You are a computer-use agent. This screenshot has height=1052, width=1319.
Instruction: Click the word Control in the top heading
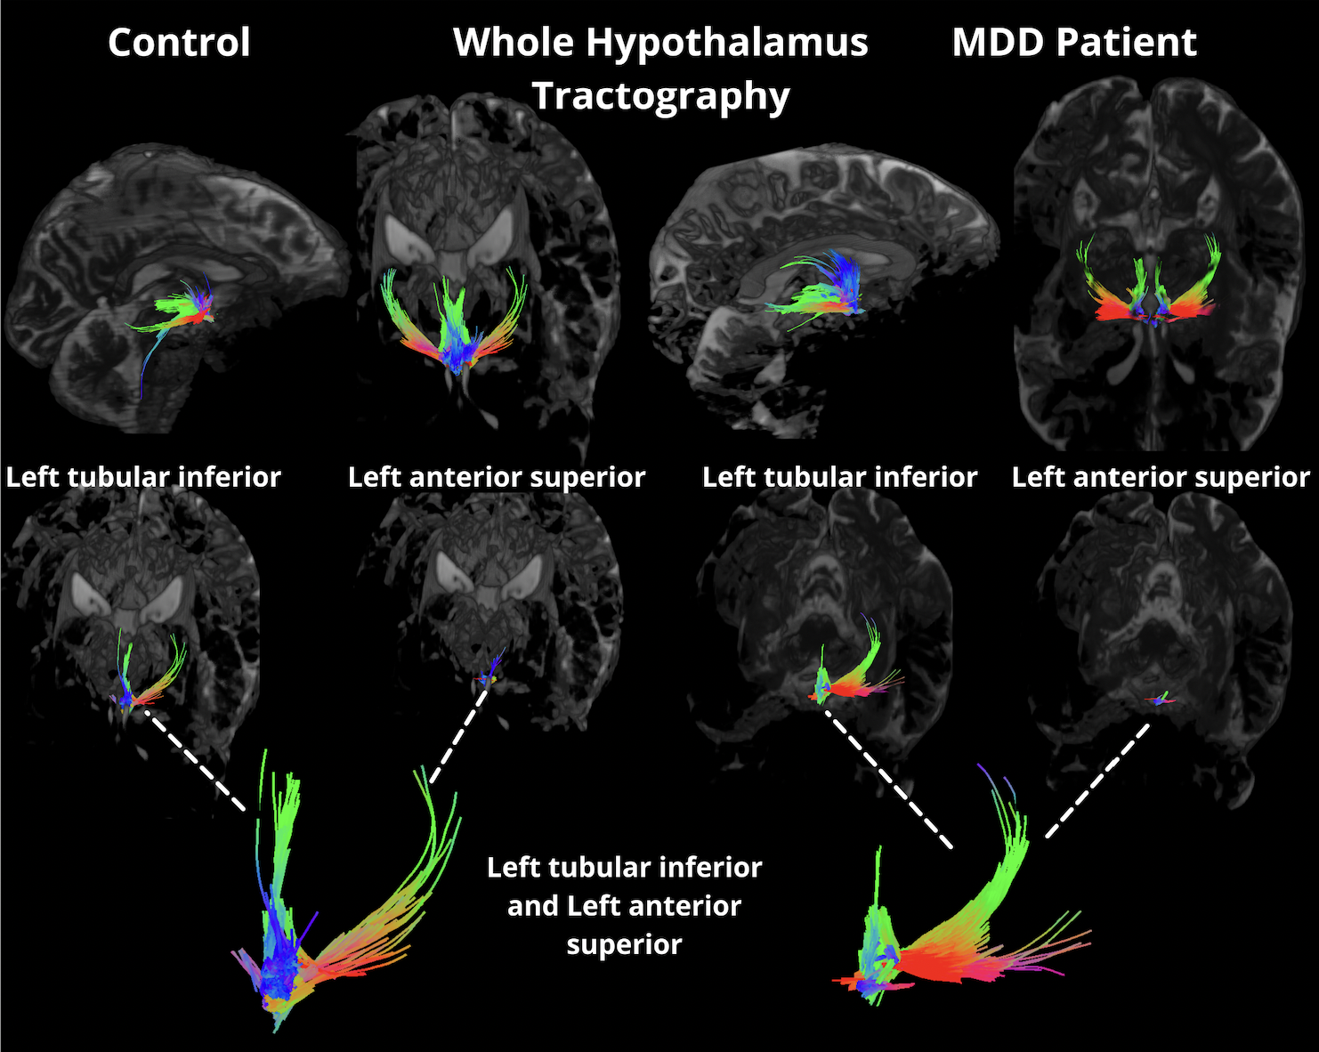click(179, 43)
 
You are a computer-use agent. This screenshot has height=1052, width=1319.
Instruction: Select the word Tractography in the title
click(660, 95)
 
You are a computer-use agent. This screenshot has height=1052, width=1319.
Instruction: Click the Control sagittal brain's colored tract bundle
click(182, 310)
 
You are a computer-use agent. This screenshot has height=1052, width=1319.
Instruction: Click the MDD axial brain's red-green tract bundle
click(1148, 294)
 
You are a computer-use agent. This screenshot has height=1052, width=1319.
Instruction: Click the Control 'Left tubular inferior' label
click(143, 477)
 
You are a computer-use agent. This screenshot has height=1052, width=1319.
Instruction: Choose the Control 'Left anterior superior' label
click(497, 477)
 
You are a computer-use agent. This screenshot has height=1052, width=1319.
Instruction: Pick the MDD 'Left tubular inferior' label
click(839, 477)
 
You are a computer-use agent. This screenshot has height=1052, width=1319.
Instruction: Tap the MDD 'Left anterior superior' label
click(1161, 477)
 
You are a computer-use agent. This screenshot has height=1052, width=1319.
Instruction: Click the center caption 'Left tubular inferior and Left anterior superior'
click(624, 905)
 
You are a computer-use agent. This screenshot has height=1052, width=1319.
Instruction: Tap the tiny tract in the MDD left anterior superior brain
click(1161, 700)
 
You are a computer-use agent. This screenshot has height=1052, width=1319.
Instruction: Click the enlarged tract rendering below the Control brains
click(329, 926)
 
